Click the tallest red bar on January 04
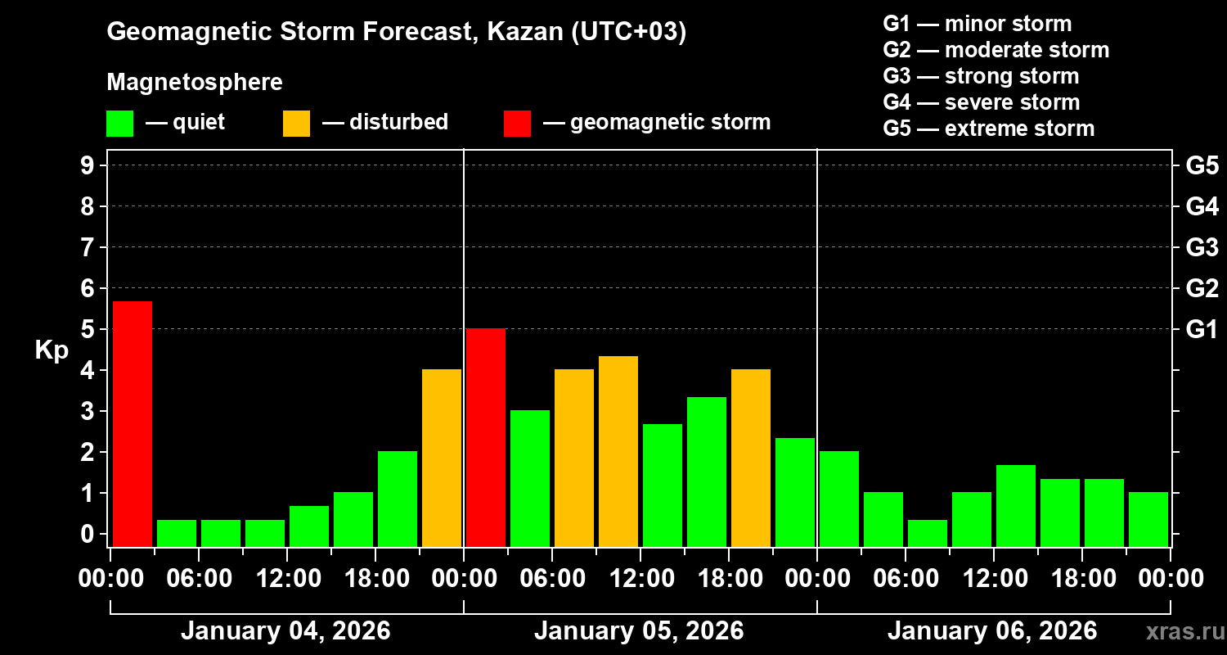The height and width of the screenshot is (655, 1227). [132, 423]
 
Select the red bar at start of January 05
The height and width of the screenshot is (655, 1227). [486, 437]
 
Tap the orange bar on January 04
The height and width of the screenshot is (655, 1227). [442, 458]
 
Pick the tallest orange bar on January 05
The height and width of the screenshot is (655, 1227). [618, 451]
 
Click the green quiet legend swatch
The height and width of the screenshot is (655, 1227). [119, 124]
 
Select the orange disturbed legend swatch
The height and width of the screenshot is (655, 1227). [296, 124]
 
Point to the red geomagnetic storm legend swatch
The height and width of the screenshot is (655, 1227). [517, 124]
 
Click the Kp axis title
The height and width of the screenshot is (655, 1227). [52, 350]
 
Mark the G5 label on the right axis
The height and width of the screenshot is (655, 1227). [1202, 165]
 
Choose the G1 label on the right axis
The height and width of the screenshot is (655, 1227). [1202, 329]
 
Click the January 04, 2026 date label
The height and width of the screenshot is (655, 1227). [285, 631]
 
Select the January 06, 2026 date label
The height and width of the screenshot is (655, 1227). [992, 631]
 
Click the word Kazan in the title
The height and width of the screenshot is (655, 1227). [524, 32]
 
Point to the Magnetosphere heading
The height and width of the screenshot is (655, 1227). [195, 83]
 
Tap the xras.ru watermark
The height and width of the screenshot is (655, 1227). [1179, 631]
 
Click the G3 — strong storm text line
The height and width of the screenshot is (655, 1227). [981, 76]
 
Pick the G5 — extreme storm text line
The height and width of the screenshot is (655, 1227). [988, 129]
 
